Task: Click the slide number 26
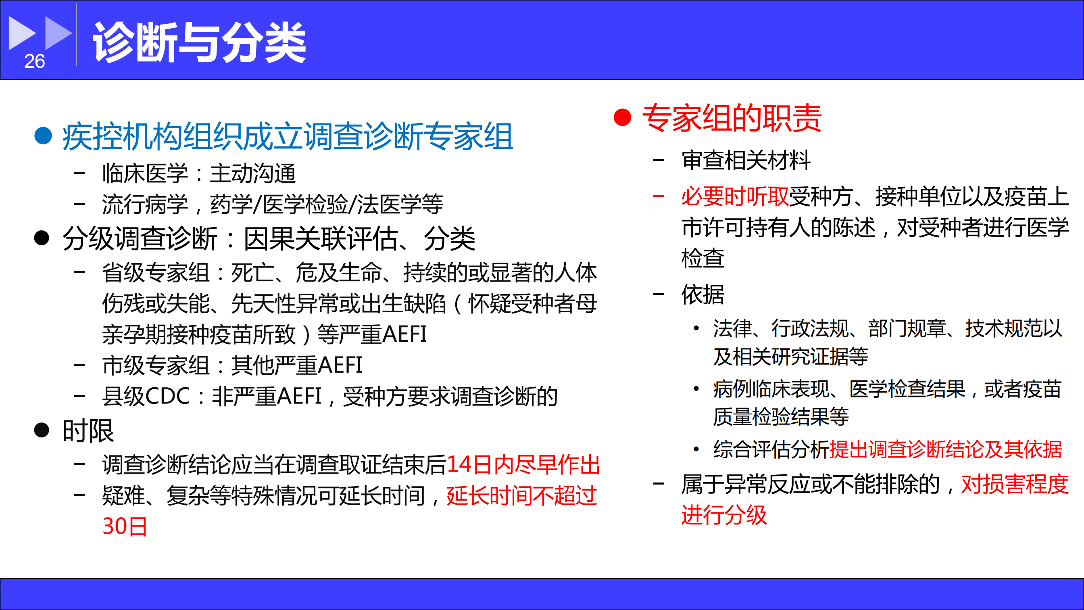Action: [35, 61]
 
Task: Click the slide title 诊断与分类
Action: [199, 42]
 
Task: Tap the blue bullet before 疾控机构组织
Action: [43, 136]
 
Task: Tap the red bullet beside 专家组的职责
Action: [622, 117]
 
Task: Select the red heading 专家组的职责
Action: [732, 118]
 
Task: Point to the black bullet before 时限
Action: [42, 430]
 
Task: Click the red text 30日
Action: [125, 526]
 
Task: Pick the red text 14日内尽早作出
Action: [523, 465]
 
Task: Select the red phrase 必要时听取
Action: [735, 196]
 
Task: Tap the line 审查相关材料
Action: [746, 161]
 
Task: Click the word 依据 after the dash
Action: [703, 294]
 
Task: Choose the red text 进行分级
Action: [724, 515]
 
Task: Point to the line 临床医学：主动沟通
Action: [199, 173]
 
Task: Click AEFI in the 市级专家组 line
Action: [340, 365]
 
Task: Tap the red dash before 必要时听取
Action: [658, 196]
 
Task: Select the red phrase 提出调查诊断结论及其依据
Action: [946, 449]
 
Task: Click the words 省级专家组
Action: [156, 272]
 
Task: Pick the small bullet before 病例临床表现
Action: [696, 389]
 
